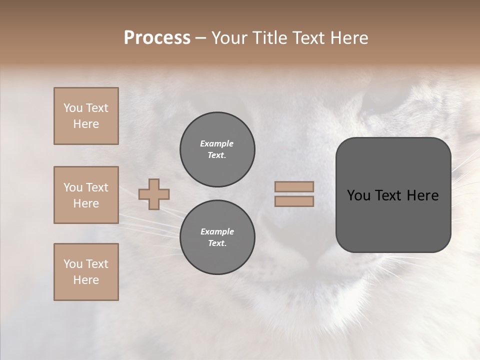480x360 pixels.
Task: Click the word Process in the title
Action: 157,38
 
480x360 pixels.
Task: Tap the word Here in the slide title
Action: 348,38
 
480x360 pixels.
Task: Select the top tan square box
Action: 86,116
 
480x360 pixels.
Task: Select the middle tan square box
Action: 86,195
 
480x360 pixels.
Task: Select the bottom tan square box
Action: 86,272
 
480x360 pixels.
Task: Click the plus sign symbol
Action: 154,194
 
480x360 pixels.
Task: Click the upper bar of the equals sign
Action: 294,186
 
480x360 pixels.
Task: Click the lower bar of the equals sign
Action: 294,201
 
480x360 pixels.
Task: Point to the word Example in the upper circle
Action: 217,143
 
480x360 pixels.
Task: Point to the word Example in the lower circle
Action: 217,231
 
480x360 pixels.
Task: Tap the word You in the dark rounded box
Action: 359,195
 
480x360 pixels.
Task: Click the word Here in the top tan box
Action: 86,124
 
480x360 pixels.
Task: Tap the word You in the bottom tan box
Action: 73,264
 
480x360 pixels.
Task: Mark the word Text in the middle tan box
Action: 96,187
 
